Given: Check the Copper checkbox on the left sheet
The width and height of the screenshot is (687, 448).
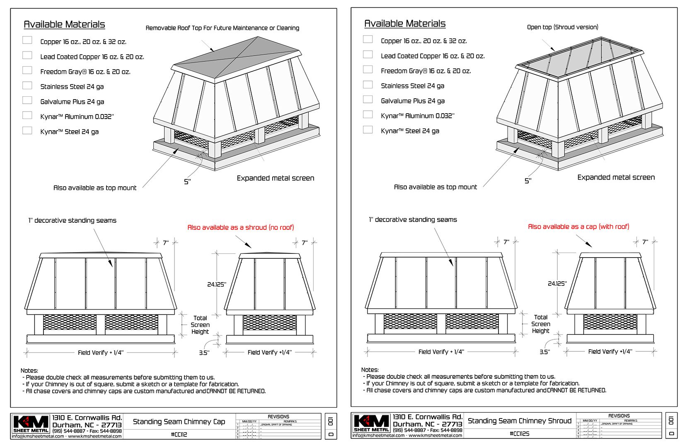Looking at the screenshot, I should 27,40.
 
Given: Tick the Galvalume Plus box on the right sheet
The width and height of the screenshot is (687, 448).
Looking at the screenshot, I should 368,100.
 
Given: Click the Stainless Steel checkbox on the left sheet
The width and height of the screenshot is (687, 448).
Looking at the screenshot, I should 27,85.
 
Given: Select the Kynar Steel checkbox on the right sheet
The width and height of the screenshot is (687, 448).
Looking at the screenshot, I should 368,129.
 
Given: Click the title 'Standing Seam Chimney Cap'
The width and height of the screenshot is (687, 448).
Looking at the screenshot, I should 179,422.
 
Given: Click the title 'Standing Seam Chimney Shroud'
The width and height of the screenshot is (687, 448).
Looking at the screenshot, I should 520,421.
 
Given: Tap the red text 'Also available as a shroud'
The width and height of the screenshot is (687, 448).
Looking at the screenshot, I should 241,227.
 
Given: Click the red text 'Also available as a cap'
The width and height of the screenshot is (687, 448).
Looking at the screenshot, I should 578,226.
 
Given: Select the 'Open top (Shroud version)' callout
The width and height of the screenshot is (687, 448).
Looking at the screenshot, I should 563,27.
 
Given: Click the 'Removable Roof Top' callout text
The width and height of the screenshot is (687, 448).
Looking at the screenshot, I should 223,28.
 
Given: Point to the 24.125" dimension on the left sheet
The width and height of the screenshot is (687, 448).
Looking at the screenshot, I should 216,285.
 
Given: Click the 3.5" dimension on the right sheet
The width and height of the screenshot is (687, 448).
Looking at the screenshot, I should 544,352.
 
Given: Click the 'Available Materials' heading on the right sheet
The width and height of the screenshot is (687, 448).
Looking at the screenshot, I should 405,24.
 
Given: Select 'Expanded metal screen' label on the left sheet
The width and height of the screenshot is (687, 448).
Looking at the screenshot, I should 276,178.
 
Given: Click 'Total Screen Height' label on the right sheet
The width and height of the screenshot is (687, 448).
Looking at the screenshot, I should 541,324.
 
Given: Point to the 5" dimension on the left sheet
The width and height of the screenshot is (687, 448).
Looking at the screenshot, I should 187,182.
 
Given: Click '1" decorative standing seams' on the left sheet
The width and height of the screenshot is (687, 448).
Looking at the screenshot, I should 73,221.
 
